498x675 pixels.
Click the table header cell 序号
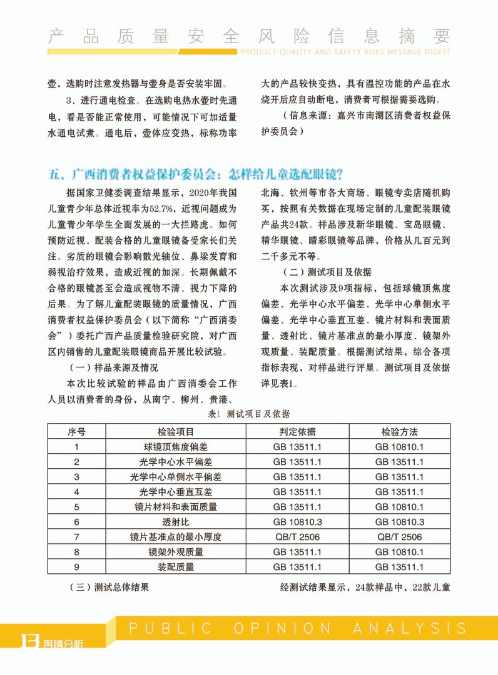[76, 432]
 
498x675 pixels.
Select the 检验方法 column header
[399, 432]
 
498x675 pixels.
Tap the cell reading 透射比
[176, 522]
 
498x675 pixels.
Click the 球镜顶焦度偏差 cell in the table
[176, 447]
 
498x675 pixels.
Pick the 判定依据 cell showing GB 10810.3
[297, 522]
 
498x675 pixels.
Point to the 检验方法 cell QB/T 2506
[399, 537]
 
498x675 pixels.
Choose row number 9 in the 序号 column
[76, 567]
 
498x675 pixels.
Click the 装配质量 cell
[176, 567]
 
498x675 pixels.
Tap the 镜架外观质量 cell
[176, 552]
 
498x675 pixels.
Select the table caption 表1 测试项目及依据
[248, 414]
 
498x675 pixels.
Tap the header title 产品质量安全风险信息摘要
[249, 35]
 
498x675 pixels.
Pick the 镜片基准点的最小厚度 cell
[176, 537]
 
